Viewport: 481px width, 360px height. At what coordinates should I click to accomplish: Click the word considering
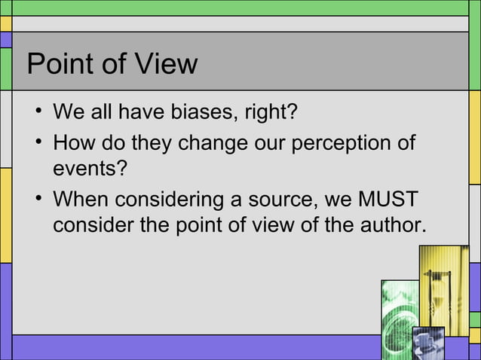(171, 200)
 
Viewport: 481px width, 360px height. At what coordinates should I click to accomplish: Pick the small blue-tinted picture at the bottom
(427, 343)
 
